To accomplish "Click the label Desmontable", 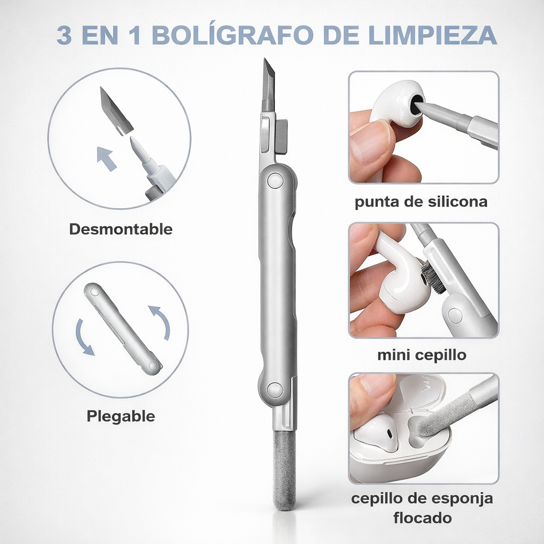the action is [x=121, y=229].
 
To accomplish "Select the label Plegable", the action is [x=121, y=416].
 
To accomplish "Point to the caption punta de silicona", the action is [x=421, y=201].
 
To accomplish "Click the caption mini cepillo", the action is [x=421, y=355].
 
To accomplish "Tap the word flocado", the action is [x=422, y=518].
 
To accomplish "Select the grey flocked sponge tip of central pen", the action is [x=284, y=470].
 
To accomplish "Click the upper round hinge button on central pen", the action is [x=276, y=181].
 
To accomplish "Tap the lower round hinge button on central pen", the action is [x=275, y=390].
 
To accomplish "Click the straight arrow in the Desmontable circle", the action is [x=106, y=158].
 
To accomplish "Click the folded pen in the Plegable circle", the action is [x=123, y=329].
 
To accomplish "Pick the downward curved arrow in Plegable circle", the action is [x=83, y=338].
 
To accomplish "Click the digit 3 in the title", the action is [x=64, y=35].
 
